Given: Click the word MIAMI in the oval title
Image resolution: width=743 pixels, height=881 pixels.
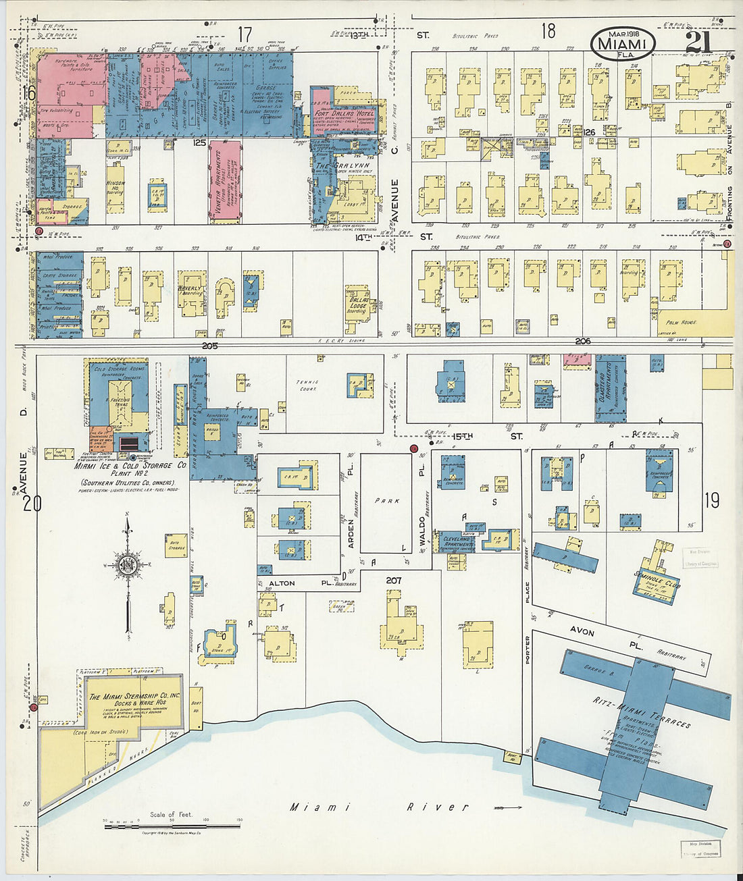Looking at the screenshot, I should coord(622,45).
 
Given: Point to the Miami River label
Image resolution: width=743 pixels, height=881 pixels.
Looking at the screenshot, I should coord(378,807).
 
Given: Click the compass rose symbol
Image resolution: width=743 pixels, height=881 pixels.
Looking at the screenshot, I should coord(127,564).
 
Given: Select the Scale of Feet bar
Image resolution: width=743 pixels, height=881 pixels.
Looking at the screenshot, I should coord(172,824).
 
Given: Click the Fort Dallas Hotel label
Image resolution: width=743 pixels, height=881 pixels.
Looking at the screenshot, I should coord(344,114).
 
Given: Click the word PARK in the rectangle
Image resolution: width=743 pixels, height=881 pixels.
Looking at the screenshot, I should coord(388,501).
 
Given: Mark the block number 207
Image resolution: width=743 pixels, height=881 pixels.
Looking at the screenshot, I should coord(394,580).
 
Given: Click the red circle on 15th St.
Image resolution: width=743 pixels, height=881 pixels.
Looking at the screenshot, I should coord(413,448).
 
